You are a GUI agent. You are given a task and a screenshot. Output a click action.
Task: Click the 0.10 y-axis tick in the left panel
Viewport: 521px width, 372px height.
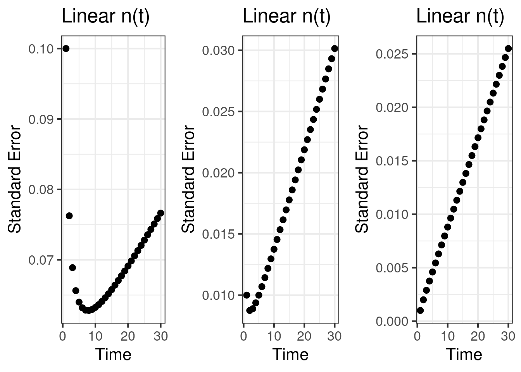coord(43,49)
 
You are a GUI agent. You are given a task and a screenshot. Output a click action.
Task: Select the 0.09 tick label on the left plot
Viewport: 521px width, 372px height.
coord(43,119)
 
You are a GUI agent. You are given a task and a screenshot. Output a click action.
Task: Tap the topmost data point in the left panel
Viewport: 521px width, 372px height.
coord(66,48)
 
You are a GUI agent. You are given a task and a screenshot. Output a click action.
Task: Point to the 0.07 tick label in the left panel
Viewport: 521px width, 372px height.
coord(43,260)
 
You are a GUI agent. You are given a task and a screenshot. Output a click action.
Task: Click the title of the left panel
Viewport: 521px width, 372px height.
coord(105,17)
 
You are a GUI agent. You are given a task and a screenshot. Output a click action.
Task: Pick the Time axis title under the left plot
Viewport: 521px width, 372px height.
coord(113,354)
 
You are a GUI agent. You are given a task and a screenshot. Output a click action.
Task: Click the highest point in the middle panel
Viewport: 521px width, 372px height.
coord(335,48)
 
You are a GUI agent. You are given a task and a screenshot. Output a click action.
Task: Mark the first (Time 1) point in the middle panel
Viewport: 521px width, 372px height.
coord(247,295)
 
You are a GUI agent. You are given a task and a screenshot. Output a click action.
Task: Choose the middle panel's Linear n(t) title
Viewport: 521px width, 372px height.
coord(287,17)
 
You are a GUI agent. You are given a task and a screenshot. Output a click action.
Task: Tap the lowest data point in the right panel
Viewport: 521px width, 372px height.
coord(420,310)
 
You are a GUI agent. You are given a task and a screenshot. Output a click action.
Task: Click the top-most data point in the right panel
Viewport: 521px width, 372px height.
coord(508,48)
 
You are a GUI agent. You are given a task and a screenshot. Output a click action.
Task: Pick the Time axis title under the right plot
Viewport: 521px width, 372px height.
coord(464,354)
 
